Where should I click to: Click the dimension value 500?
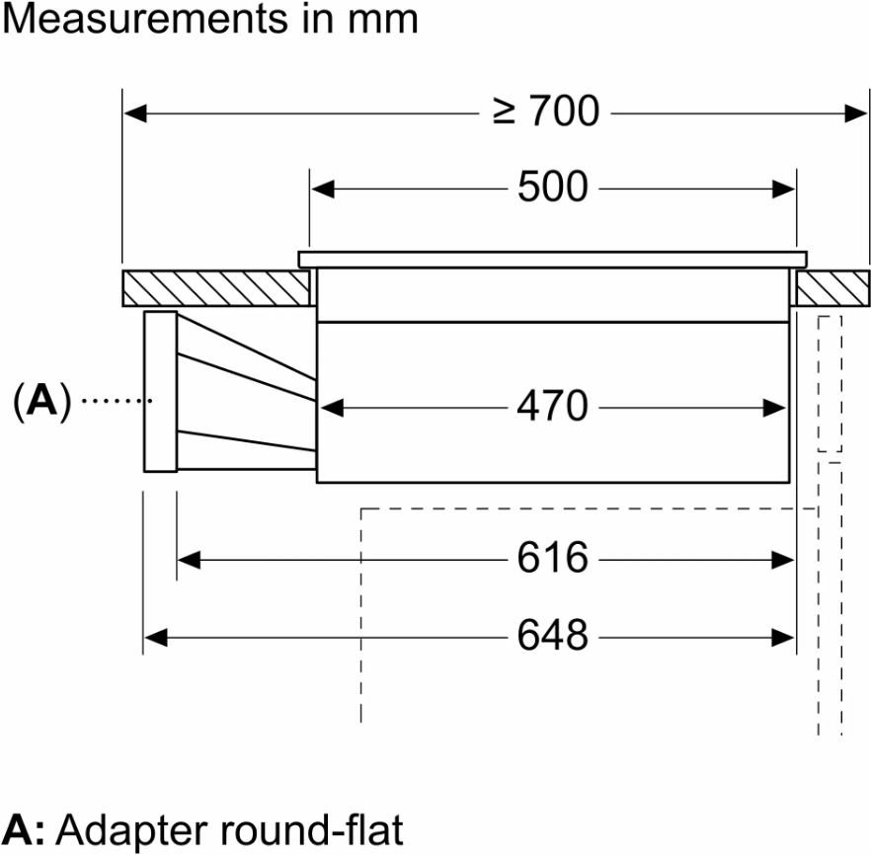(x=552, y=187)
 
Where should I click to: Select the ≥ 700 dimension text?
(x=546, y=113)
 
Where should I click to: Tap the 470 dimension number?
(x=552, y=406)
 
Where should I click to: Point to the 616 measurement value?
(x=552, y=559)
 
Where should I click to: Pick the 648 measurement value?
(x=552, y=635)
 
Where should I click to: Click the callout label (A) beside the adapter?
(x=42, y=401)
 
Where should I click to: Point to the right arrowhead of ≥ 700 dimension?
(x=857, y=114)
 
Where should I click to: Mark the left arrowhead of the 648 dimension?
(x=154, y=636)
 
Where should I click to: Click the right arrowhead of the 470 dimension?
(x=778, y=407)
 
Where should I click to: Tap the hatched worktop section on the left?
(x=212, y=287)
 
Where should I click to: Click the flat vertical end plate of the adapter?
(x=160, y=392)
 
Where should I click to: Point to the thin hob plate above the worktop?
(x=552, y=260)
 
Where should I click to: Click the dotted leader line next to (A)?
(x=113, y=401)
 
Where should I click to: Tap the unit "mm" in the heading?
(x=386, y=19)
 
